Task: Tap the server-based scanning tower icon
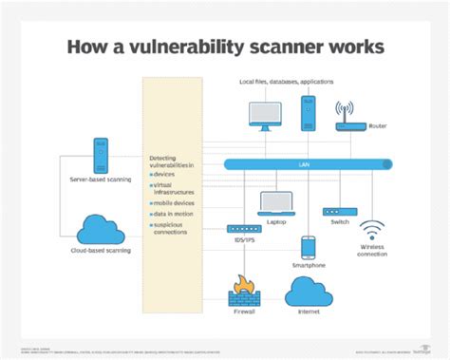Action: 101,154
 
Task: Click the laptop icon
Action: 276,202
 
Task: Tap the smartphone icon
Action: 308,248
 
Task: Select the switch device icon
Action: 337,210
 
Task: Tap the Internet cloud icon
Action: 308,294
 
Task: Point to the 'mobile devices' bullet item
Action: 175,203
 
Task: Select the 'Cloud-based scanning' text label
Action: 100,251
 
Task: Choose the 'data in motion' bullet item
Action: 175,216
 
